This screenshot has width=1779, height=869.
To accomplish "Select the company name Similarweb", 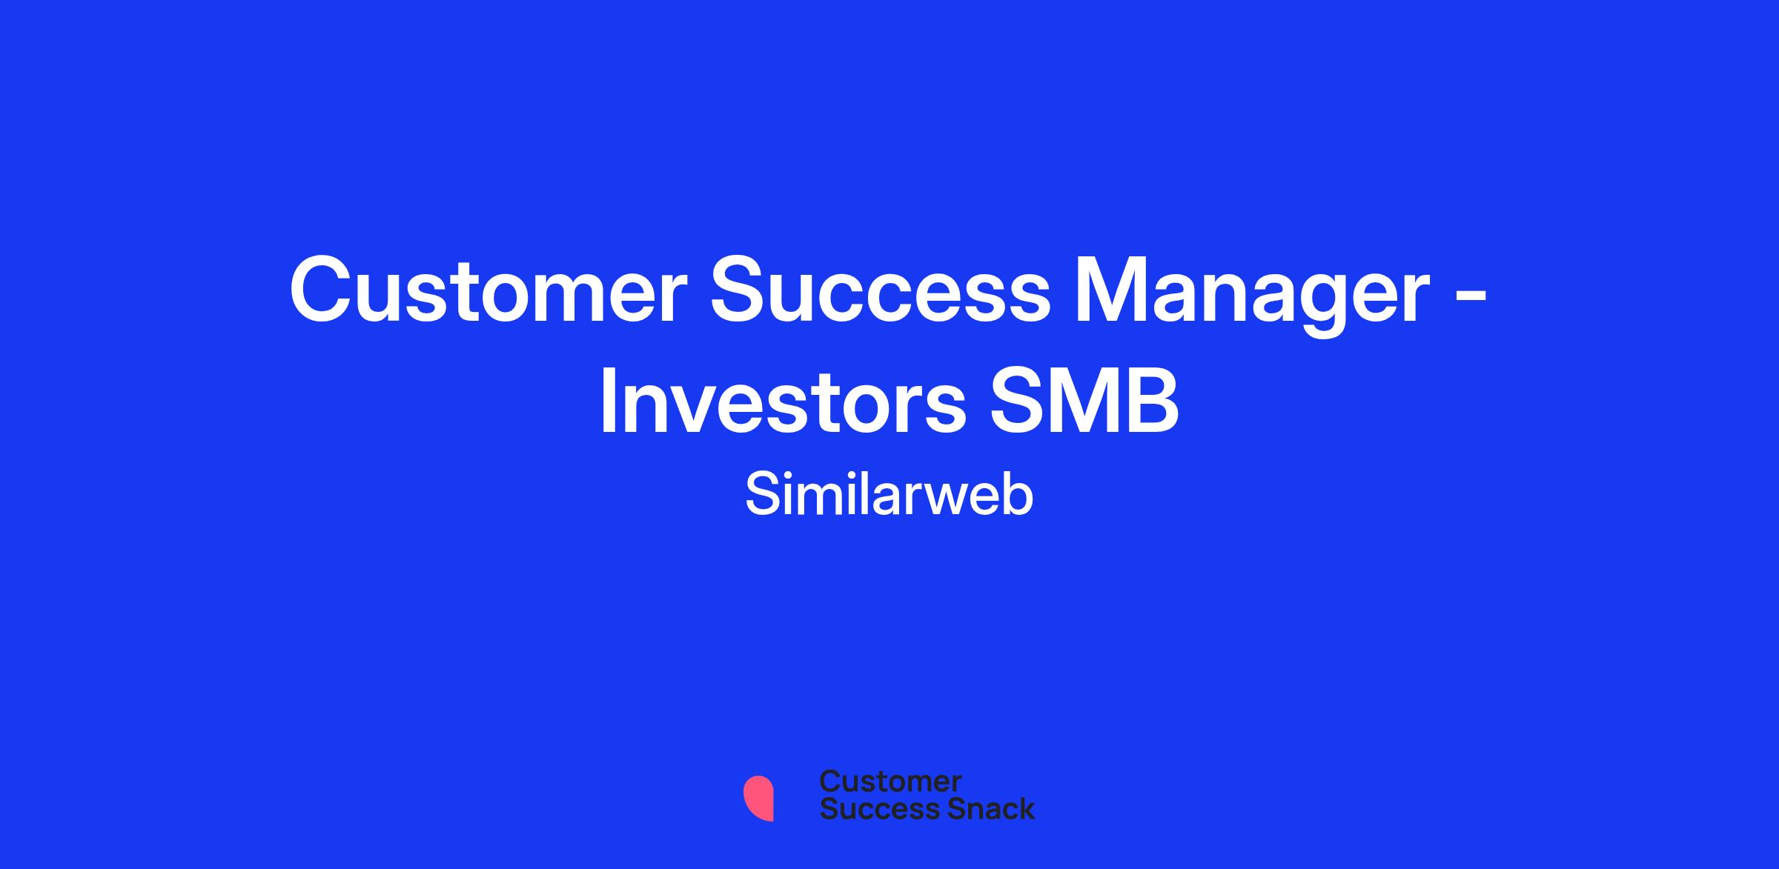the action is tap(889, 495).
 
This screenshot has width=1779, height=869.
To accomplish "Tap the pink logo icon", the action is tap(758, 798).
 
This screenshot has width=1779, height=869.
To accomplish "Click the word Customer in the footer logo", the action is tap(890, 782).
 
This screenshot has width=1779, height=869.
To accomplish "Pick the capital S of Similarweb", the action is tap(761, 494).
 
